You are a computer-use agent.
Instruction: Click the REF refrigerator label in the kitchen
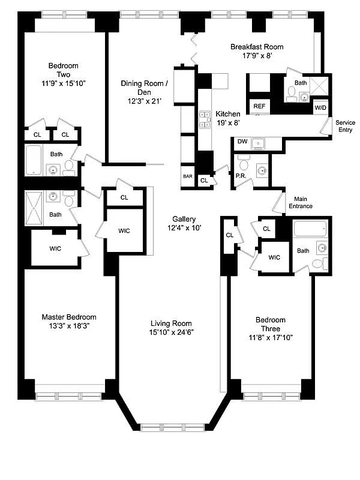259,106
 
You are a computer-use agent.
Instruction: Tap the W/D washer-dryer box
321,108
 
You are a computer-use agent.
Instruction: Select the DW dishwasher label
242,142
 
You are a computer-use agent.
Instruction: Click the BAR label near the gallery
187,178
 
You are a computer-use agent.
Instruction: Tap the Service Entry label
345,127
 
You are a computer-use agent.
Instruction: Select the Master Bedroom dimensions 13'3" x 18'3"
68,326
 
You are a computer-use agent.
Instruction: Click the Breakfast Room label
257,47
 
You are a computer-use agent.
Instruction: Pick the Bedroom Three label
270,320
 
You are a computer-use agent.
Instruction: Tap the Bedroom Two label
64,70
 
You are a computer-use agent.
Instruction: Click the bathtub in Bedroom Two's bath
35,160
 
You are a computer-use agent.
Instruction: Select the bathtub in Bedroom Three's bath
310,229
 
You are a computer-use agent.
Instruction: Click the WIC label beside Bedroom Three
274,257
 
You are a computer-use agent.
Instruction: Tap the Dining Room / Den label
143,88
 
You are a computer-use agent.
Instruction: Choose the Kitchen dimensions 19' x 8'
228,122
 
